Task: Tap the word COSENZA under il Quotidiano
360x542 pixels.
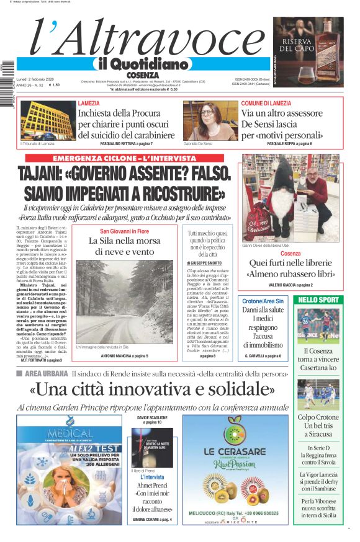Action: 142,75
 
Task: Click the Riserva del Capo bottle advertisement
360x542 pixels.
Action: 308,52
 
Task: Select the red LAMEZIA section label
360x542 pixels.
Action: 89,103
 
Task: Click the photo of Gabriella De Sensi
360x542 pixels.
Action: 210,121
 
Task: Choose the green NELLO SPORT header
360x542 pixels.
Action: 318,300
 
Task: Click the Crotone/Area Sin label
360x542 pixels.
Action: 263,301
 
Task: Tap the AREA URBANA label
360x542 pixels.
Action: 45,374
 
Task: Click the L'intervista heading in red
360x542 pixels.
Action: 151,477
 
